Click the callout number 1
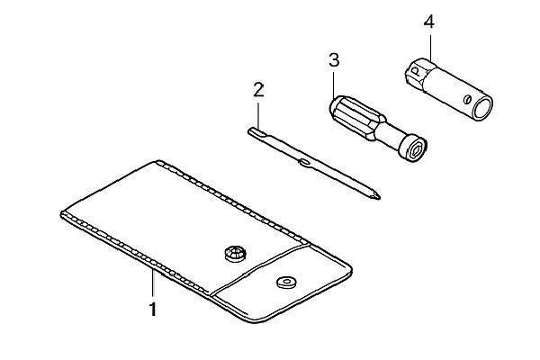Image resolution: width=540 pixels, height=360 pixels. click(x=153, y=309)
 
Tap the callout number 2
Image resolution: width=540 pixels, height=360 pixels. click(x=258, y=90)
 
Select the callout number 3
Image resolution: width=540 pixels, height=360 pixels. click(x=334, y=60)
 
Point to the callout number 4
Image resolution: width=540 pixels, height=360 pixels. click(x=429, y=22)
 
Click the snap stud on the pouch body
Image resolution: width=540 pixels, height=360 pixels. click(x=235, y=254)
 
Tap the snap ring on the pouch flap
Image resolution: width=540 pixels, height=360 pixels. click(x=286, y=283)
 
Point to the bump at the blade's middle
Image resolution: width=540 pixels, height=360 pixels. click(x=305, y=162)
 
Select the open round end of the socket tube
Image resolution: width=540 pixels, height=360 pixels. click(x=481, y=108)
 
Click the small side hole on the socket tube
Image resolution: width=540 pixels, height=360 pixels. click(x=467, y=99)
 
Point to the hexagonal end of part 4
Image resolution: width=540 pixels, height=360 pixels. click(x=417, y=74)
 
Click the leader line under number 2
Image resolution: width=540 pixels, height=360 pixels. click(x=258, y=113)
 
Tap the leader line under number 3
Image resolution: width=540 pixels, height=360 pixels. click(x=333, y=83)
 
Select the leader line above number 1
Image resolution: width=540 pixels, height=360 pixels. click(x=153, y=284)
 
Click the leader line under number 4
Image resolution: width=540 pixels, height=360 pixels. click(x=430, y=45)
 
